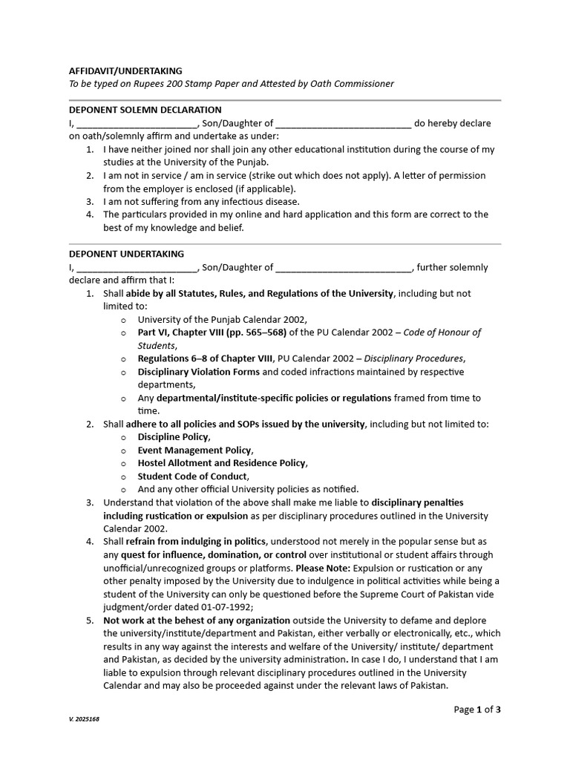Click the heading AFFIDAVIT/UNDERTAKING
pyautogui.click(x=125, y=71)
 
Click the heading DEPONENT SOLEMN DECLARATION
pyautogui.click(x=145, y=110)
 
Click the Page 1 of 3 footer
pyautogui.click(x=477, y=710)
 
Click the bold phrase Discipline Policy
pyautogui.click(x=174, y=437)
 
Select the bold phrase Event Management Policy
pyautogui.click(x=194, y=451)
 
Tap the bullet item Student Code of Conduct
pyautogui.click(x=193, y=476)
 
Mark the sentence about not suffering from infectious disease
pyautogui.click(x=201, y=201)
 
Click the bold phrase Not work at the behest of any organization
pyautogui.click(x=197, y=620)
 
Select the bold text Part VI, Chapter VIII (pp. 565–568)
pyautogui.click(x=213, y=332)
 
